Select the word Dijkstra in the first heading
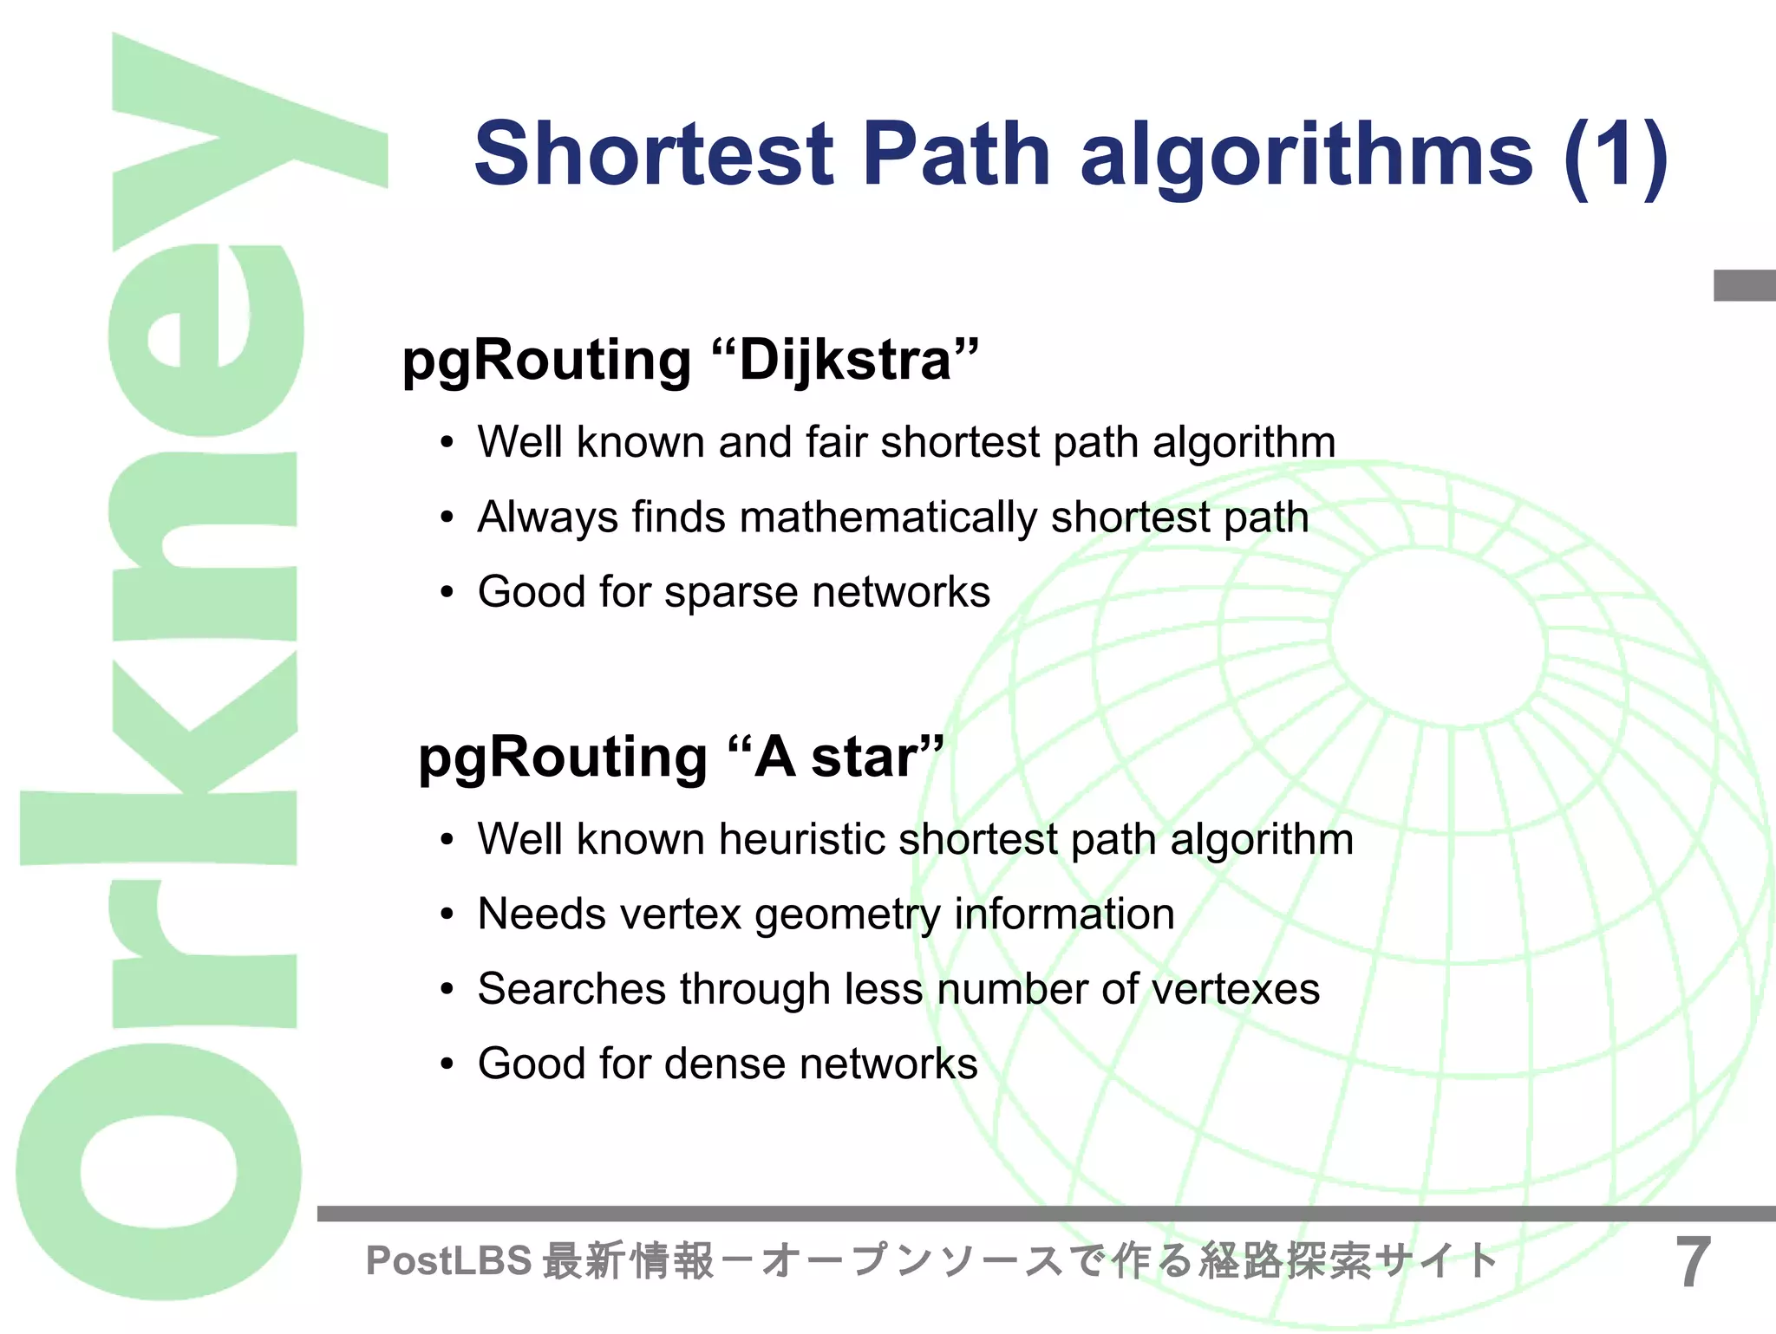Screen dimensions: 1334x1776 (x=846, y=360)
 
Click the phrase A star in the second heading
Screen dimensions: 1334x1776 (x=836, y=758)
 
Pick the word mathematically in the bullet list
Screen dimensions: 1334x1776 (x=888, y=517)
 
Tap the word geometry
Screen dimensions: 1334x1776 (x=847, y=915)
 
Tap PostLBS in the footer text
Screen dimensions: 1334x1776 (x=448, y=1261)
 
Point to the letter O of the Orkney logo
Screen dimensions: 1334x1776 (x=160, y=1170)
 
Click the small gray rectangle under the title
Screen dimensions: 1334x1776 (x=1744, y=286)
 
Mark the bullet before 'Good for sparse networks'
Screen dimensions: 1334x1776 (x=447, y=594)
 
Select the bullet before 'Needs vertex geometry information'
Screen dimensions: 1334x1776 (x=447, y=915)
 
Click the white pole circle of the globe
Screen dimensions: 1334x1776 (x=1438, y=637)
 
